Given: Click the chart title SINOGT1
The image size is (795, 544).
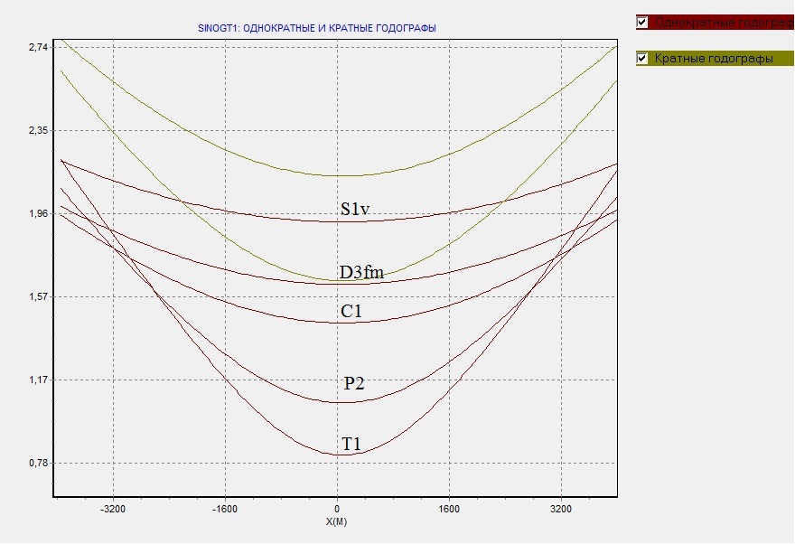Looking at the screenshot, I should pos(316,29).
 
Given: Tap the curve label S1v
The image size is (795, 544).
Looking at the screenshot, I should pos(355,210).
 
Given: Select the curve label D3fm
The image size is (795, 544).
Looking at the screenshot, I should pos(361,272).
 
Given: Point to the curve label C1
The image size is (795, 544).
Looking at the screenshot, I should pos(351,312).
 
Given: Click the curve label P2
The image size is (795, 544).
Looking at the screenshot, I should pos(354,383).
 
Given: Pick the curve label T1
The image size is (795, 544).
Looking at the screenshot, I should pos(351,444).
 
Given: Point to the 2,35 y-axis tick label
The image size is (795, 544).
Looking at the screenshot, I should pos(37,130).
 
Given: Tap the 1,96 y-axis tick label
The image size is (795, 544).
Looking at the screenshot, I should pos(37,214).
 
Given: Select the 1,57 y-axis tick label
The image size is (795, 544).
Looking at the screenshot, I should pos(37,297).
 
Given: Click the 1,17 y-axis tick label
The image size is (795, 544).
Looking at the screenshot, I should pos(37,380).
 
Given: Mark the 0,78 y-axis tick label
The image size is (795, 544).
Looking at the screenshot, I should pos(37,464).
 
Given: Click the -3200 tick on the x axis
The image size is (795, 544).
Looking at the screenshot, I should pos(113,509).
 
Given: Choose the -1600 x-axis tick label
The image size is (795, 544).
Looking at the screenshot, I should pos(225,509).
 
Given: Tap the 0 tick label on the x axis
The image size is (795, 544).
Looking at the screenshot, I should pos(337,509).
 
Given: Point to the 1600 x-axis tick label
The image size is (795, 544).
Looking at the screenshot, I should pos(449,509).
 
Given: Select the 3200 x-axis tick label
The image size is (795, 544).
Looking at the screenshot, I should pos(561,509).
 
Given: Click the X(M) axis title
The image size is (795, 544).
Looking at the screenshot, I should pos(337,522).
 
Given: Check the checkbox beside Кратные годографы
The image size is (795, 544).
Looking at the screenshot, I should pos(643,59).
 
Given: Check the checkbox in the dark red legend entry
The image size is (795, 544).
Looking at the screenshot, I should pos(643,22).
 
